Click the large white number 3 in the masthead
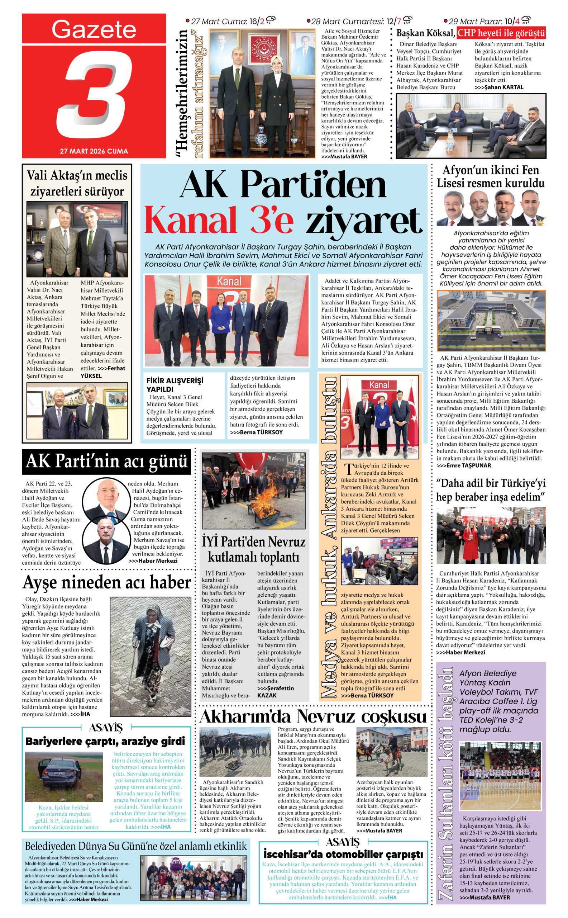[x=94, y=96]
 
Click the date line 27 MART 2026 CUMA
[x=94, y=151]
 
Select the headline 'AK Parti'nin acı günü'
[x=106, y=461]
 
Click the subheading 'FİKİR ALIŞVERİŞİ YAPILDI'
[x=175, y=384]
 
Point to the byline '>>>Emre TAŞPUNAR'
[x=464, y=465]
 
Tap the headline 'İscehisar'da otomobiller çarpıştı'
[x=343, y=854]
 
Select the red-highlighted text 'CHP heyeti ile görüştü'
[x=501, y=33]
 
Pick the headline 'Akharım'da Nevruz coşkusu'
[x=313, y=716]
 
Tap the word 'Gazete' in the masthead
[x=94, y=29]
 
